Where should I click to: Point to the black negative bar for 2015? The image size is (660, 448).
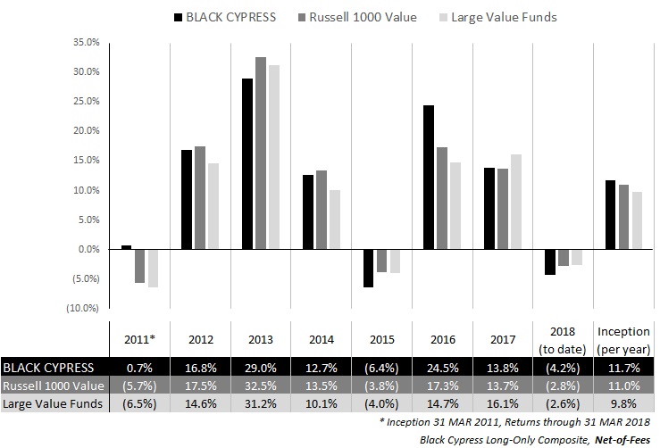click(368, 268)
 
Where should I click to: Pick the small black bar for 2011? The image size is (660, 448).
click(127, 247)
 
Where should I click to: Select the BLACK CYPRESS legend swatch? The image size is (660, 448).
click(180, 17)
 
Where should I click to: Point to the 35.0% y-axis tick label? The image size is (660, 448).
click(85, 42)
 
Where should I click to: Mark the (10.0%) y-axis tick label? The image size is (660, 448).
click(83, 309)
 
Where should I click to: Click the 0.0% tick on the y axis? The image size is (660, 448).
click(87, 250)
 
